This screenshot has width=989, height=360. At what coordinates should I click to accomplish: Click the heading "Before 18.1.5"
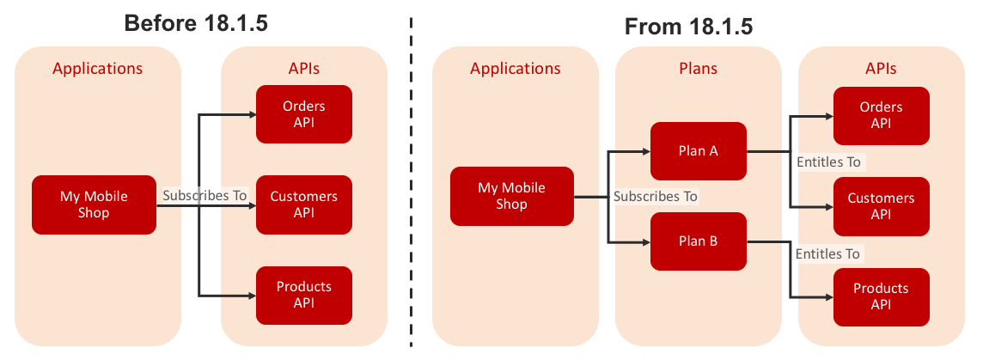tap(196, 23)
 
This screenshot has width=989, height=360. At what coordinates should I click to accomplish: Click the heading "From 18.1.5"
tap(689, 27)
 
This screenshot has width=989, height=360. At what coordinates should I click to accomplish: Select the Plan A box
tap(699, 150)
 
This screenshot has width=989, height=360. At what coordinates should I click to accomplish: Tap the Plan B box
tap(699, 241)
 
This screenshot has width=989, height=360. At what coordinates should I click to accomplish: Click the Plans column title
tap(699, 68)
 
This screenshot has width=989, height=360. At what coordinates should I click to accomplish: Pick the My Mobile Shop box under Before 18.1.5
tap(94, 204)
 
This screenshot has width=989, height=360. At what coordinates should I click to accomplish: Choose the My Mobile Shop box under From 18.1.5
tap(511, 196)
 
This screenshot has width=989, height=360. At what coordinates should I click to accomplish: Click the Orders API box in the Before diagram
tap(304, 114)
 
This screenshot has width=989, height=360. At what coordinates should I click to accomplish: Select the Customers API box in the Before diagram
tap(304, 204)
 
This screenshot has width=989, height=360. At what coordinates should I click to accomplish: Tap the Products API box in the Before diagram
tap(304, 295)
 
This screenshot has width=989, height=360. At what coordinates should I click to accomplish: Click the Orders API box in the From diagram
tap(881, 116)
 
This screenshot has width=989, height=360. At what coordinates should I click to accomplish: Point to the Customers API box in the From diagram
tap(881, 206)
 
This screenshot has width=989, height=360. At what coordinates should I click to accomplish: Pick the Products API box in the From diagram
tap(881, 297)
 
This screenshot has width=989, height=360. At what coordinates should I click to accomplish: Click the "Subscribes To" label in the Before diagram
tap(205, 195)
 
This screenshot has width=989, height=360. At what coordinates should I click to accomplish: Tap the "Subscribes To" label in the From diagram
tap(656, 197)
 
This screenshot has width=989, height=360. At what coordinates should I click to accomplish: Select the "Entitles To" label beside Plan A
tap(829, 162)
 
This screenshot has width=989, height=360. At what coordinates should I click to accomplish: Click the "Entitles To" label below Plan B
tap(827, 254)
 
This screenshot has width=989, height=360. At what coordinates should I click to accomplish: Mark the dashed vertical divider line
tap(412, 181)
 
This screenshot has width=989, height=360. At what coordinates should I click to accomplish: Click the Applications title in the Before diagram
tap(98, 68)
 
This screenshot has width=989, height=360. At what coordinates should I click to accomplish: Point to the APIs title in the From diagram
tap(881, 68)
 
